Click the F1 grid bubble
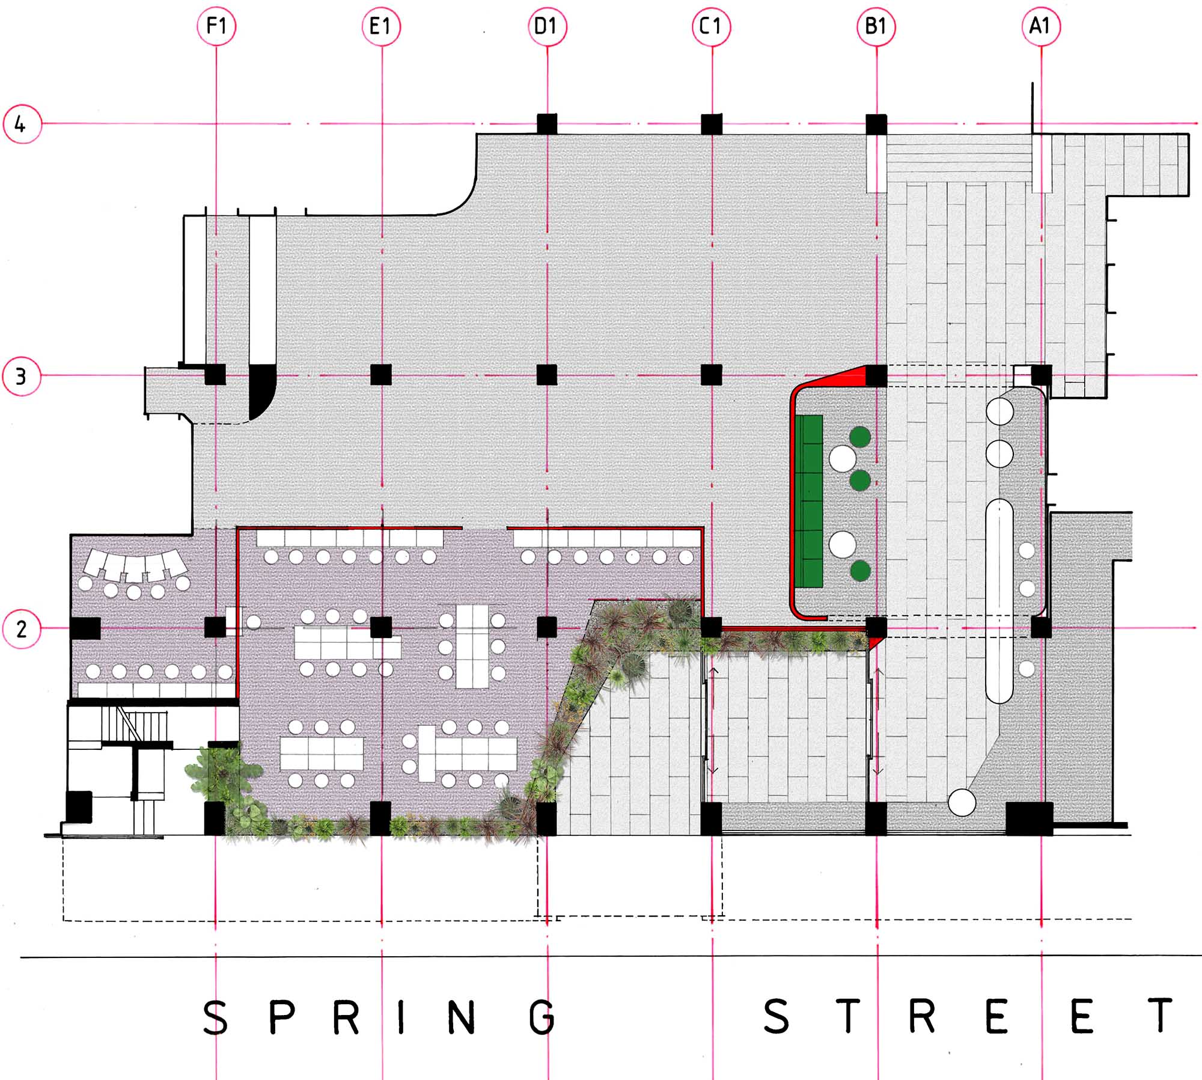pos(216,26)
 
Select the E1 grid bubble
pos(381,26)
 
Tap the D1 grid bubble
pos(547,26)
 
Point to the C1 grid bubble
pos(712,26)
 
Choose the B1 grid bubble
pos(876,26)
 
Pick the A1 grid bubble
pos(1041,26)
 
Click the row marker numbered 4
pos(22,124)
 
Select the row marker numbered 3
pos(22,376)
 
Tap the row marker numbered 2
pos(22,629)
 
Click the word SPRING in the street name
pos(380,1017)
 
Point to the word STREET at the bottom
pos(968,1016)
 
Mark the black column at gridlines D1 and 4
pos(547,124)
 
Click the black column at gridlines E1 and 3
pos(381,375)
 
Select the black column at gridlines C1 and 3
pos(712,375)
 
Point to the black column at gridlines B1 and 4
pos(876,124)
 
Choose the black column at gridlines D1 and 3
pos(547,375)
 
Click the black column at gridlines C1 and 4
pos(712,124)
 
